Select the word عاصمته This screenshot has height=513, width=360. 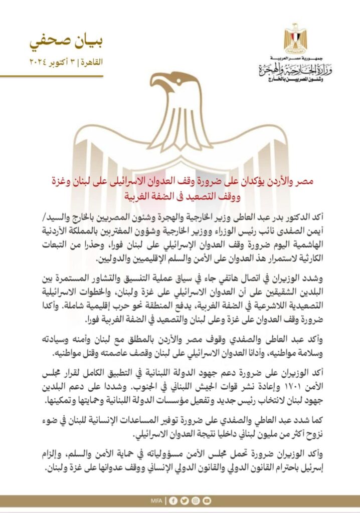117,354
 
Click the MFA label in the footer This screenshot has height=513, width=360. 157,500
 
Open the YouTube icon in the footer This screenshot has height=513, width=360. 206,500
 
